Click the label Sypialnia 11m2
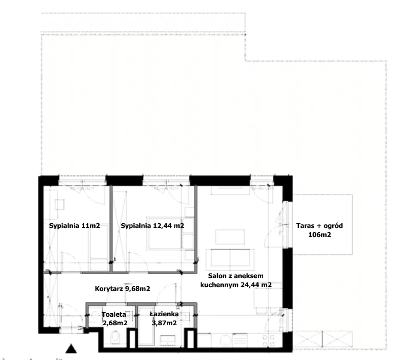point(75,226)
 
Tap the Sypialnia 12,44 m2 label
point(152,226)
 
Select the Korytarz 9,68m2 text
point(122,289)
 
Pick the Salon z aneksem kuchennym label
point(236,280)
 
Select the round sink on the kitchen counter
point(225,341)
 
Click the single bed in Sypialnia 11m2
point(98,238)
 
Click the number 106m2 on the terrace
point(319,235)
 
